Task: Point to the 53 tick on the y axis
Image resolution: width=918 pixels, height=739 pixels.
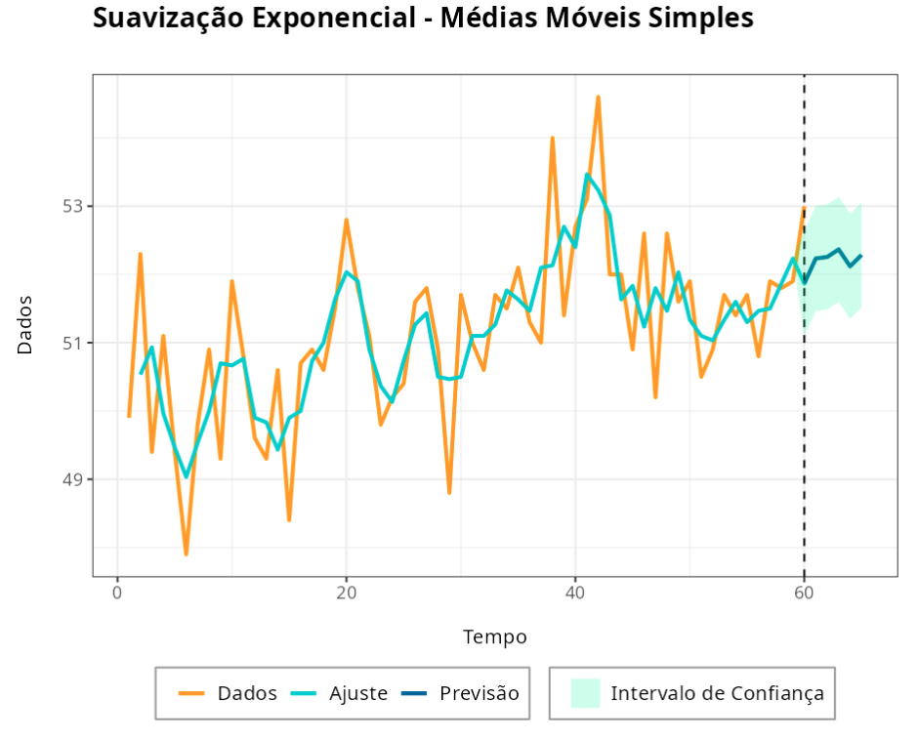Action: (x=73, y=206)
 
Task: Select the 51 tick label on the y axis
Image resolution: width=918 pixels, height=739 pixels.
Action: (x=73, y=343)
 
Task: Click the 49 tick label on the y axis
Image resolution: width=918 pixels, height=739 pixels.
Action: (x=73, y=479)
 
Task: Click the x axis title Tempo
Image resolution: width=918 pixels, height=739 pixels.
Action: (x=494, y=637)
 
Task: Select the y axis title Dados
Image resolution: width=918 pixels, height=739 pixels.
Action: (x=24, y=325)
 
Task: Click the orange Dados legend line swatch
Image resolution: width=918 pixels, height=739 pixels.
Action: (x=192, y=693)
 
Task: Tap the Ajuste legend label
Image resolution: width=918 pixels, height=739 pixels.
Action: (x=358, y=693)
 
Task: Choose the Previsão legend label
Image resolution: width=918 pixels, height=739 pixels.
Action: (x=479, y=693)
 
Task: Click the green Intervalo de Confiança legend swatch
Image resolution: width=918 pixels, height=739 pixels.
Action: (x=584, y=693)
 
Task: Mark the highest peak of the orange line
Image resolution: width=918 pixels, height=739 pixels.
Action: (x=598, y=97)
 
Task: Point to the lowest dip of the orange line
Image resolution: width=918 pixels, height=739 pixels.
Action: (x=186, y=554)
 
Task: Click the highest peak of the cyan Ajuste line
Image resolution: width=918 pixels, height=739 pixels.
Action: (x=587, y=175)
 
